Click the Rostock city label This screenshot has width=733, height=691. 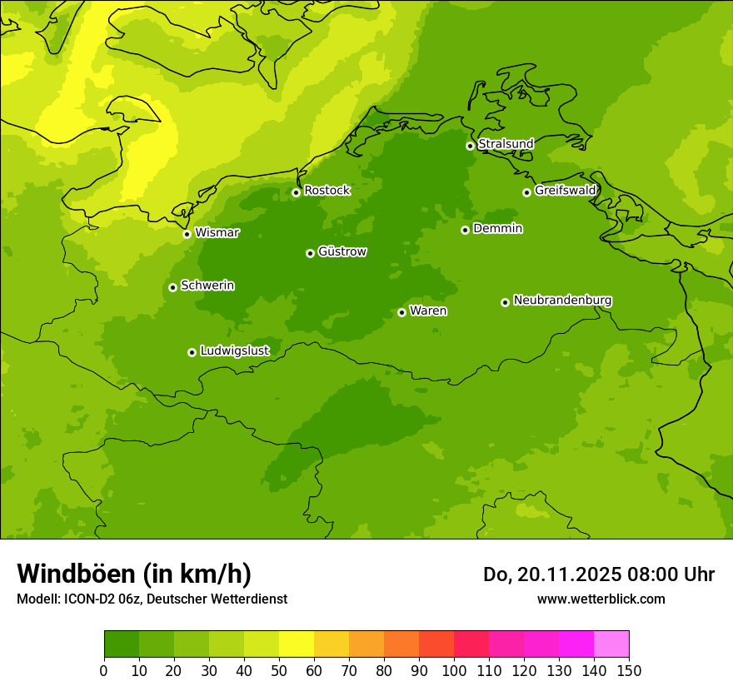[327, 191]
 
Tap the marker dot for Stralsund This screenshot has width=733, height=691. [470, 146]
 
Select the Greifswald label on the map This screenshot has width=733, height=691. [565, 191]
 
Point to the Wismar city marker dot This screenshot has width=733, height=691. [187, 234]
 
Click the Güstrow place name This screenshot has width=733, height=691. [342, 251]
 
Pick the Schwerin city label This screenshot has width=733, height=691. [207, 286]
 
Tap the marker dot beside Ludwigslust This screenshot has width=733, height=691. [192, 352]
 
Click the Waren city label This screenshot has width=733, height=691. [428, 311]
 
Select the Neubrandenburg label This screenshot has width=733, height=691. [562, 301]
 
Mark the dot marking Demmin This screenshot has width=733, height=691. [465, 230]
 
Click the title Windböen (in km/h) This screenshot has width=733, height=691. [134, 574]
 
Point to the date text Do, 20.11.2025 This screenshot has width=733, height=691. [551, 574]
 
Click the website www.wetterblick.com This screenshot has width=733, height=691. [601, 599]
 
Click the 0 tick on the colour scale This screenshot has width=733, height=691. [104, 670]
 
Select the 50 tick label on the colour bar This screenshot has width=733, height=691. [279, 670]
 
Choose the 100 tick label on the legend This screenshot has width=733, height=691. [454, 670]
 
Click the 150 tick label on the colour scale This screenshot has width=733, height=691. [629, 670]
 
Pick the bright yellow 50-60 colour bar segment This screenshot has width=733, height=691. [297, 644]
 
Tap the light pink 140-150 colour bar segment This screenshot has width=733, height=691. [611, 644]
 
